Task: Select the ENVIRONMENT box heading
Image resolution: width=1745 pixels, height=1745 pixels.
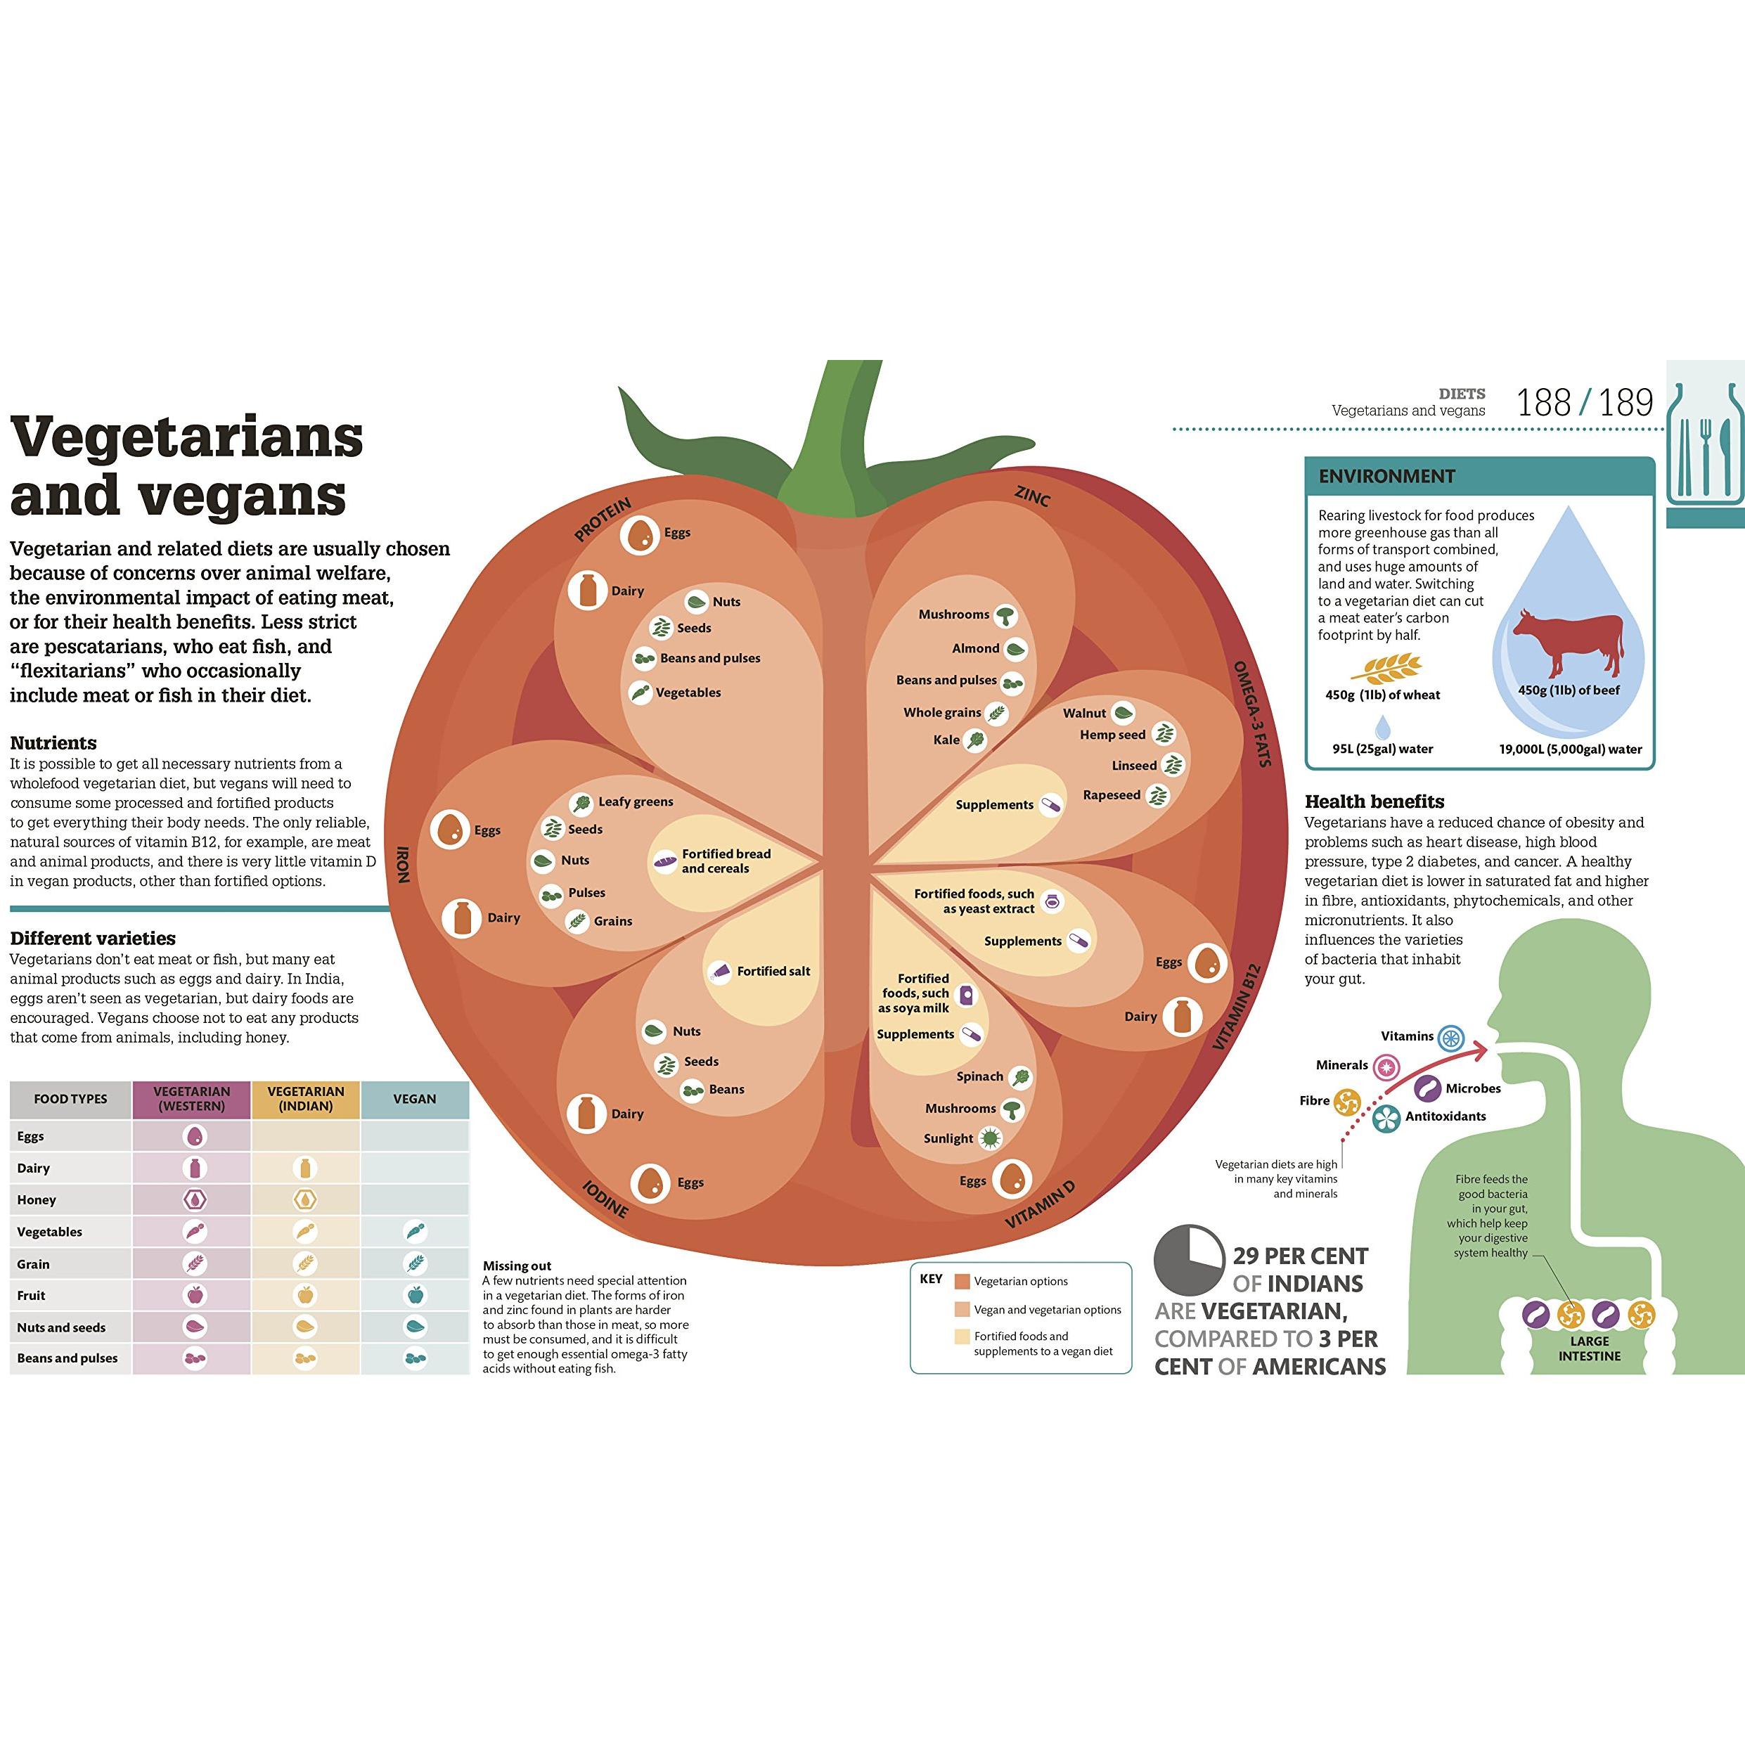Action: point(1386,476)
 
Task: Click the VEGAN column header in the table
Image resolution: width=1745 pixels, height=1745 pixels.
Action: point(415,1098)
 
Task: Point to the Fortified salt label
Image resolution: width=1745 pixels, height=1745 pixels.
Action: point(773,971)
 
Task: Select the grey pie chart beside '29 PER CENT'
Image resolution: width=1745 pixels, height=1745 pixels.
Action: point(1189,1260)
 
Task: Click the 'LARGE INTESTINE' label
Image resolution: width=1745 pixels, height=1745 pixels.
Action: point(1589,1348)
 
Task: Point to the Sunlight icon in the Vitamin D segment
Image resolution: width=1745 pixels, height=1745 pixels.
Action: point(992,1139)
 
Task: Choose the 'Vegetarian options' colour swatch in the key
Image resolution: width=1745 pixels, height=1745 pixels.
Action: point(962,1281)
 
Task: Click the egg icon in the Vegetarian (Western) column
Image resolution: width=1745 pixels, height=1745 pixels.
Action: point(194,1136)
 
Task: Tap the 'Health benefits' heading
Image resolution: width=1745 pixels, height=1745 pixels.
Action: point(1374,802)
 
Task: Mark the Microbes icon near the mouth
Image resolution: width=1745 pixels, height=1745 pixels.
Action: point(1428,1088)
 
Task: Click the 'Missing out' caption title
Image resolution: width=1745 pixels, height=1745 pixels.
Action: point(517,1266)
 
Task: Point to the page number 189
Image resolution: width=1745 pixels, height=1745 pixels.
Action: point(1627,403)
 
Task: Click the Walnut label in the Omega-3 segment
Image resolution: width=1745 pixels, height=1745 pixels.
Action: point(1084,713)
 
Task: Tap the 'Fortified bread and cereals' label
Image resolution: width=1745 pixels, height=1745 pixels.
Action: point(726,861)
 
